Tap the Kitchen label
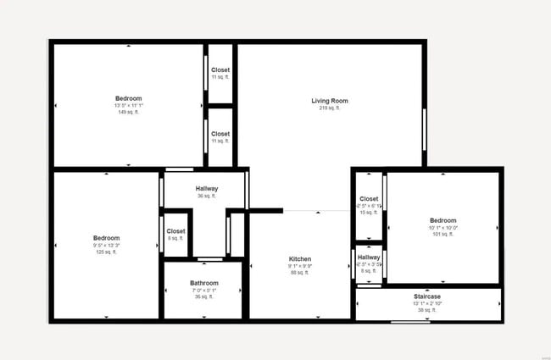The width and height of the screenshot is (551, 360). pyautogui.click(x=300, y=258)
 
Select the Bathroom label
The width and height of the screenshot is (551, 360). pyautogui.click(x=204, y=283)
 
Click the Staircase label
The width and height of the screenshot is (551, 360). pyautogui.click(x=427, y=296)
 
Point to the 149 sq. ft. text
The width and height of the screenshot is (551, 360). pyautogui.click(x=129, y=112)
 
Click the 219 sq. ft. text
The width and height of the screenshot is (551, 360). pyautogui.click(x=329, y=108)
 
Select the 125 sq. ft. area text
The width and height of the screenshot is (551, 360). pyautogui.click(x=107, y=252)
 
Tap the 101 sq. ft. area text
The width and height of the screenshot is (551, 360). pyautogui.click(x=443, y=234)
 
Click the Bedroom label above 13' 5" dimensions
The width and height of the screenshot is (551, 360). pyautogui.click(x=129, y=97)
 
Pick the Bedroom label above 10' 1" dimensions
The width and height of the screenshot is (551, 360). pyautogui.click(x=443, y=220)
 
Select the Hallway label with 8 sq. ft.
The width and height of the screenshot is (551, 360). pyautogui.click(x=369, y=257)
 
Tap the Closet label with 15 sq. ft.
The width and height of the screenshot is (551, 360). pyautogui.click(x=369, y=199)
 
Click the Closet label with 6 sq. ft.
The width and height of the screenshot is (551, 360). pyautogui.click(x=175, y=230)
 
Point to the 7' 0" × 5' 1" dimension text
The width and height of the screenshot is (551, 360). pyautogui.click(x=204, y=291)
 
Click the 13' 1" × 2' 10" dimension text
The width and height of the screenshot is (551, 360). pyautogui.click(x=427, y=303)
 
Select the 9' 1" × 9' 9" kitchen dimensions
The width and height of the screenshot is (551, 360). pyautogui.click(x=300, y=266)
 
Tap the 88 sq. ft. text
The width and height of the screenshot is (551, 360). pyautogui.click(x=300, y=273)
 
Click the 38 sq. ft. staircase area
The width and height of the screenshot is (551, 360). pyautogui.click(x=427, y=310)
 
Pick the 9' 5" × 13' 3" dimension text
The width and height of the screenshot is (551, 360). pyautogui.click(x=107, y=246)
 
